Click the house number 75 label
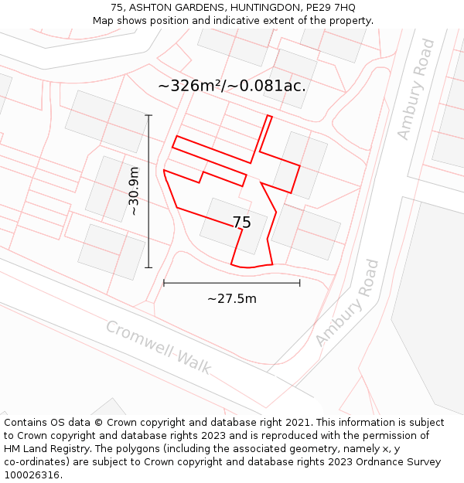241,223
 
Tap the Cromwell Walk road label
158,348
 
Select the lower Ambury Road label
348,303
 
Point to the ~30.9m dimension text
133,191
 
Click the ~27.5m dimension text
231,298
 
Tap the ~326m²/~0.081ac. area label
231,86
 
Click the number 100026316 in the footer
32,475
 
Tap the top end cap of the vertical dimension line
148,116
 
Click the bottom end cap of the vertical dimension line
148,268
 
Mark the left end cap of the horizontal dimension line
164,283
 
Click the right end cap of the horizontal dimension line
300,283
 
